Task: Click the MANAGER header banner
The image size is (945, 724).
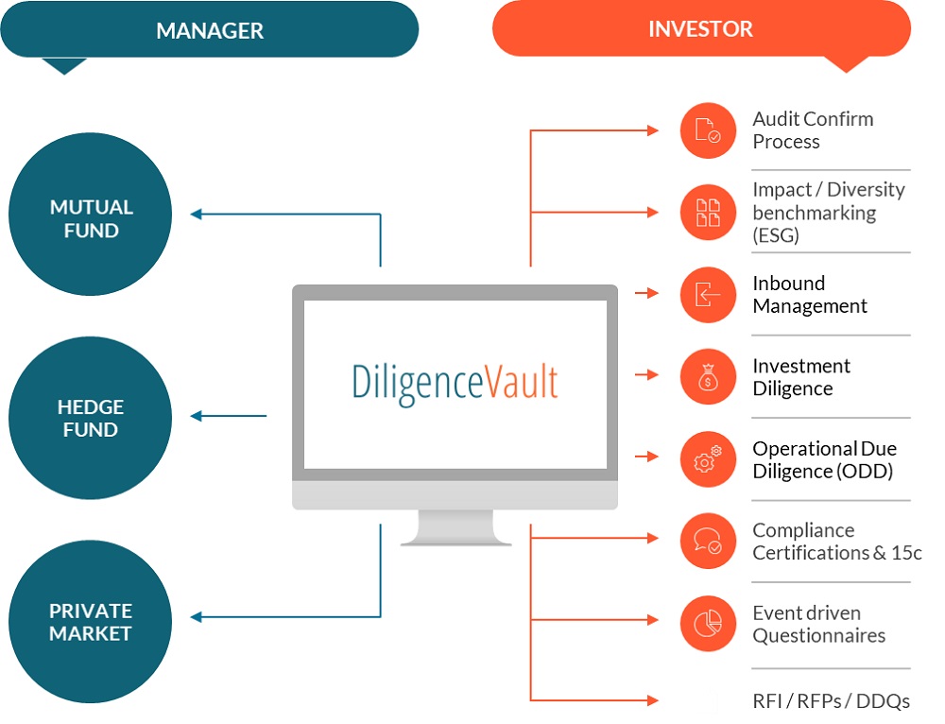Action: [x=209, y=29]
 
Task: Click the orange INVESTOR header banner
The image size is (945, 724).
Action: [x=700, y=29]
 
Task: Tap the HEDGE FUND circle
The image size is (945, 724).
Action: [x=91, y=417]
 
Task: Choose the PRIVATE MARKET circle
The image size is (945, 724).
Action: [x=91, y=621]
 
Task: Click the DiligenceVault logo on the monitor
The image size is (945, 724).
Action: [x=455, y=381]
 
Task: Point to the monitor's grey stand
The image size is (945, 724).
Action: [x=455, y=527]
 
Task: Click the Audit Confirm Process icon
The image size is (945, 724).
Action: [x=708, y=130]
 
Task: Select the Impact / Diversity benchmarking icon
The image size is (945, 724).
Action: [x=708, y=213]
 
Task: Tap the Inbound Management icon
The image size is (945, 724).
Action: [x=708, y=294]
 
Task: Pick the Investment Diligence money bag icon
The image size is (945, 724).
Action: [x=708, y=376]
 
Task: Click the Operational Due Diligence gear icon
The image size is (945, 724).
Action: [x=708, y=458]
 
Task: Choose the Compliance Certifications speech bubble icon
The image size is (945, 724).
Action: [x=708, y=541]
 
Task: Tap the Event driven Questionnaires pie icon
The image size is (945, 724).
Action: [x=708, y=623]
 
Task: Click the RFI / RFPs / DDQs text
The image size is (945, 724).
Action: [x=831, y=700]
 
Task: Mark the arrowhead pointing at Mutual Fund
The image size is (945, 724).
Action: [x=197, y=215]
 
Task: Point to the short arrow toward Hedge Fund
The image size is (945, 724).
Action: [x=229, y=416]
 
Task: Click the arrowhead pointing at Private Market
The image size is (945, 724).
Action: [x=197, y=618]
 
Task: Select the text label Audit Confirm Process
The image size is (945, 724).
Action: [x=812, y=130]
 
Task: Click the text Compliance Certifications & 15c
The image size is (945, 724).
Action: [x=836, y=542]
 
